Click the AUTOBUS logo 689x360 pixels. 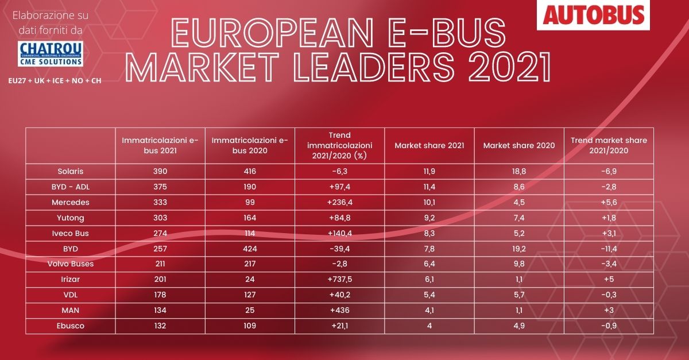click(594, 15)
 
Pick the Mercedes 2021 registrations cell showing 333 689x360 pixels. click(160, 203)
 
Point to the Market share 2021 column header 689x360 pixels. click(429, 145)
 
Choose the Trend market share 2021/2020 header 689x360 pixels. click(609, 145)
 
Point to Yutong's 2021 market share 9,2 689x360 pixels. click(429, 218)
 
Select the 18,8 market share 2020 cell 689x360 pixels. click(519, 171)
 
